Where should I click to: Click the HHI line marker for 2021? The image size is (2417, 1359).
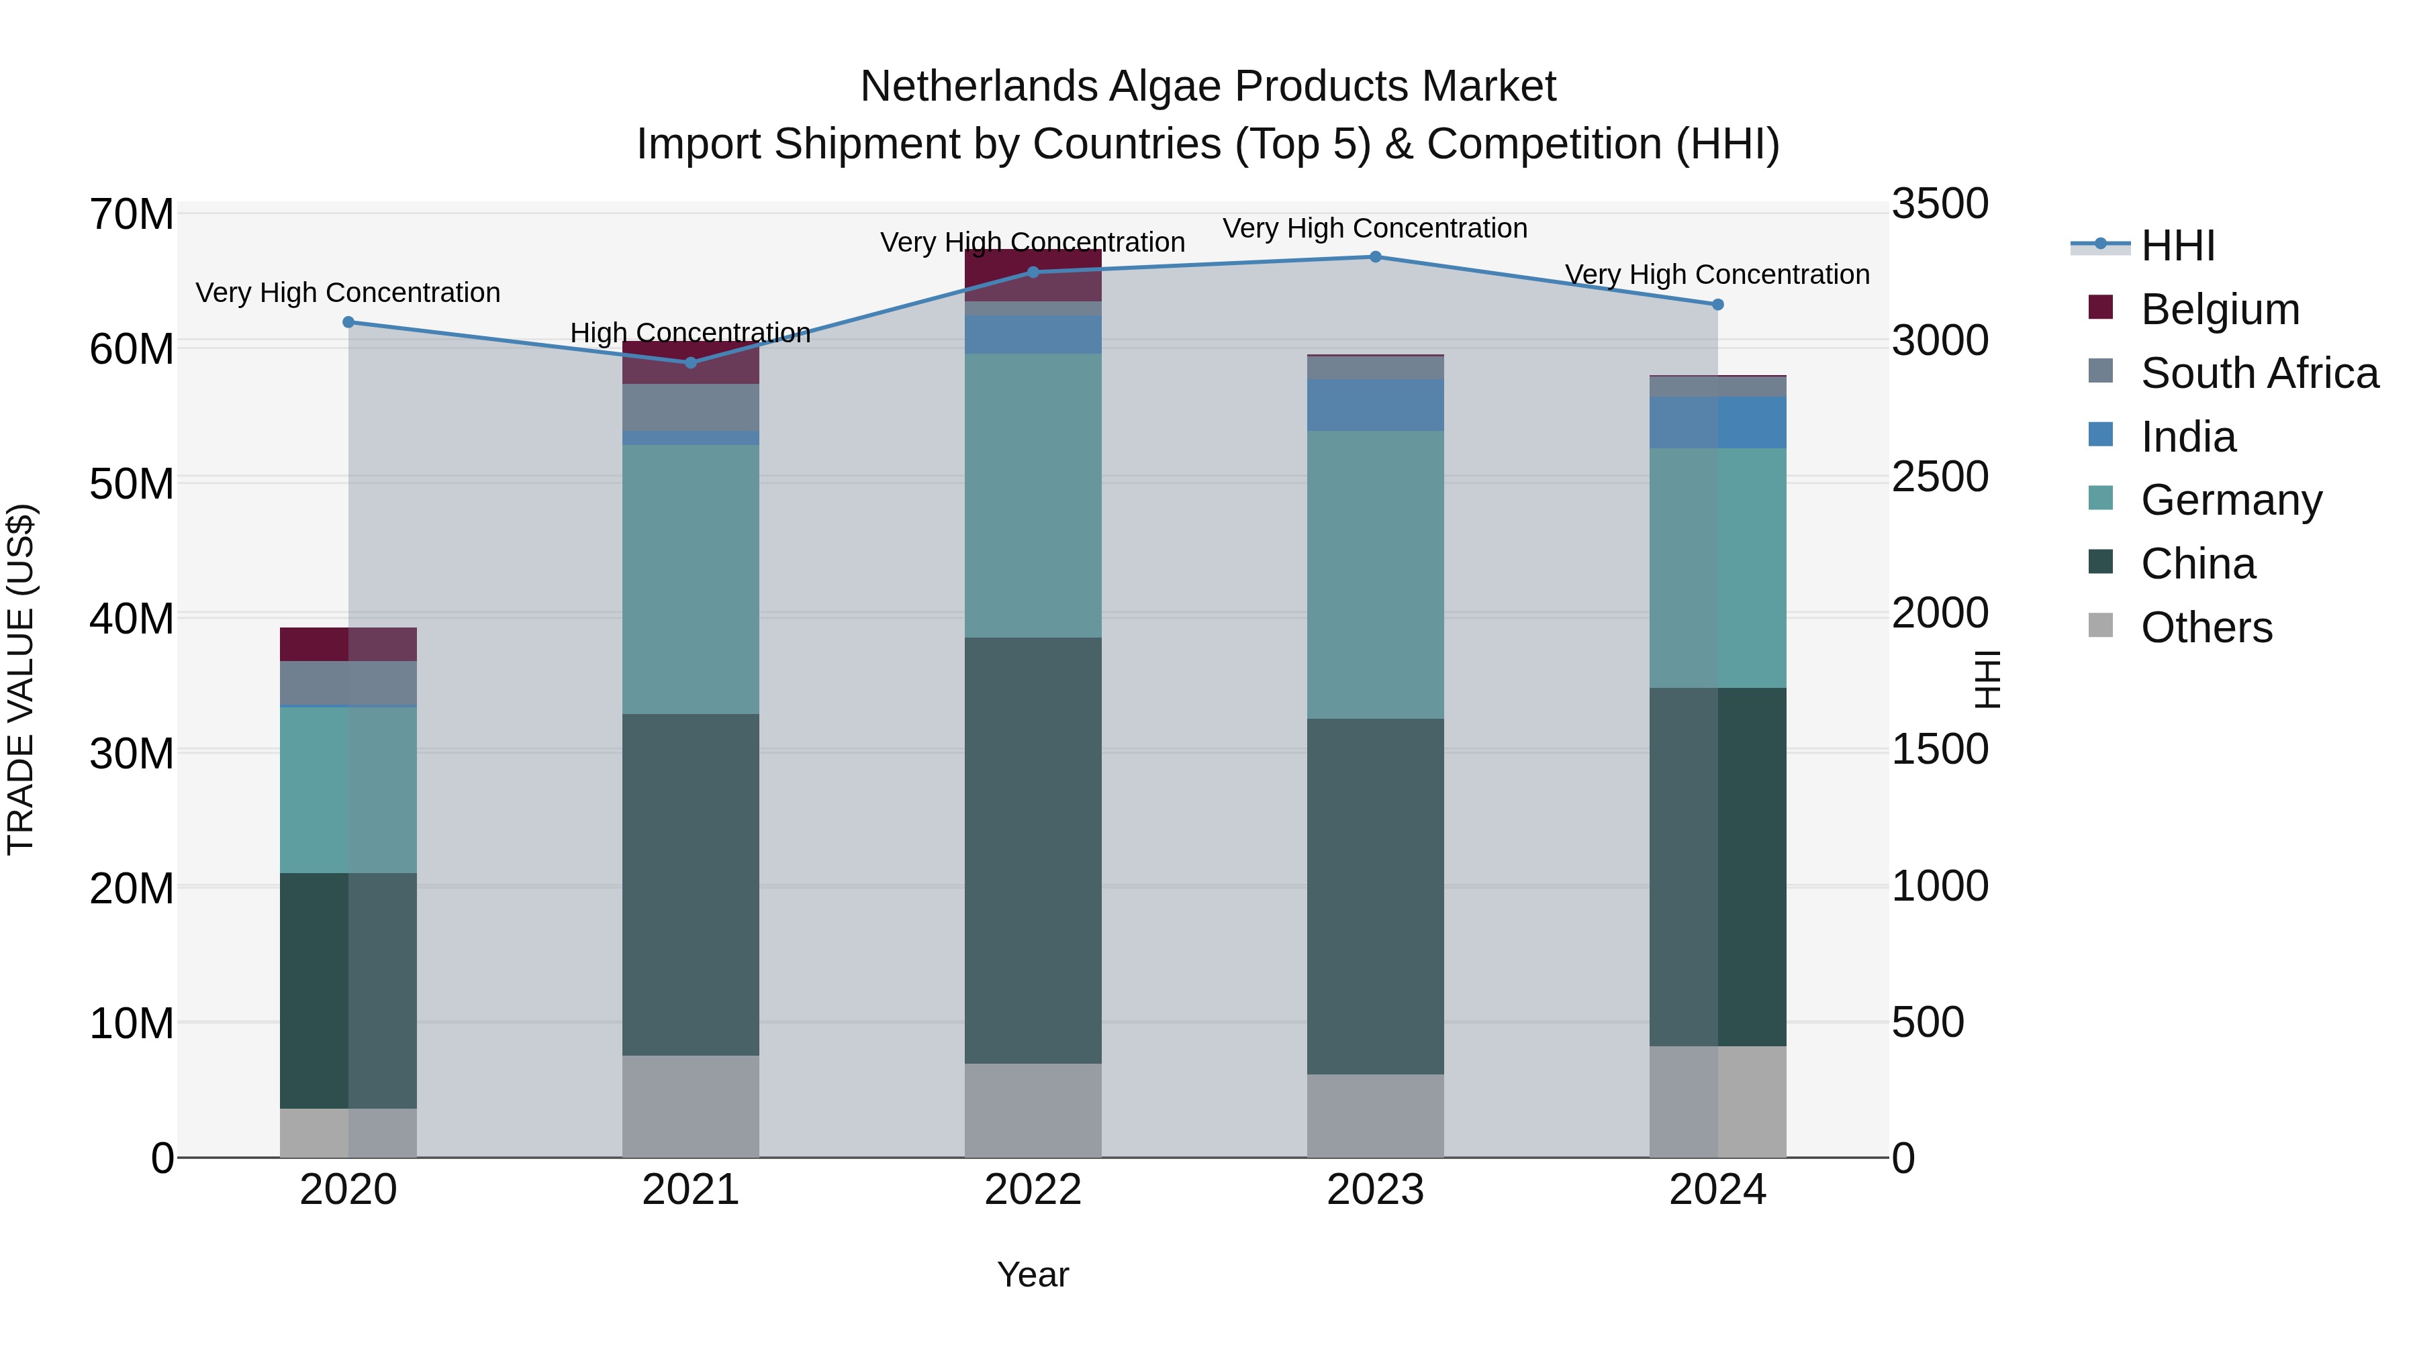691,362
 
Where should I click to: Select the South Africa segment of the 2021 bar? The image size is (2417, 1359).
691,407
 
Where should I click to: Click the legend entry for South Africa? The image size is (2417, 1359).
2259,373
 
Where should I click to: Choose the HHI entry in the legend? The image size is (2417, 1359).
2177,246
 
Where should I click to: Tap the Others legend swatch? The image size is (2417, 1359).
2101,625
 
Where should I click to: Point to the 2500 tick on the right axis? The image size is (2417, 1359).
1938,477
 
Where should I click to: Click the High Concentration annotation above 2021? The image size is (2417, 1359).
691,333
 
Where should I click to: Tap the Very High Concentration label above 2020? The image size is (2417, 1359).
348,293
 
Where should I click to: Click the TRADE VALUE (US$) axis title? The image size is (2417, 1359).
21,679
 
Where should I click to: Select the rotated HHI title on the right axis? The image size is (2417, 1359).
1987,679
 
